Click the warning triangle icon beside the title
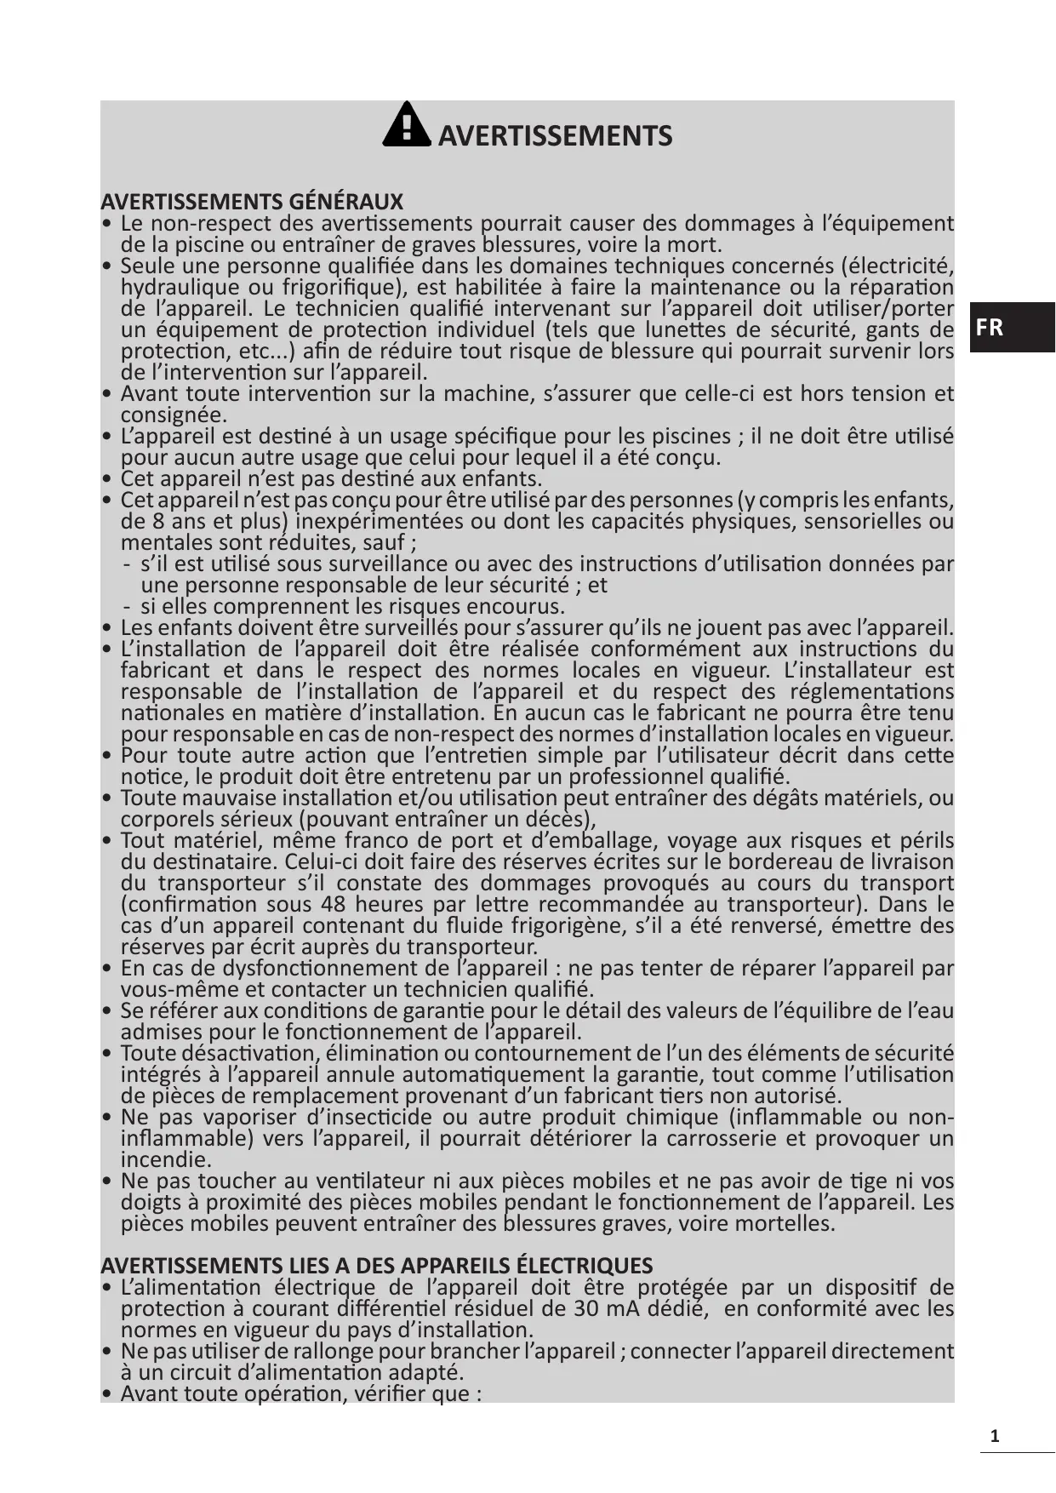point(407,126)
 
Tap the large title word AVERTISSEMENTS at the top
point(555,136)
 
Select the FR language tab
point(990,328)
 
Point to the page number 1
point(994,1438)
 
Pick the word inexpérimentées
point(392,521)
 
